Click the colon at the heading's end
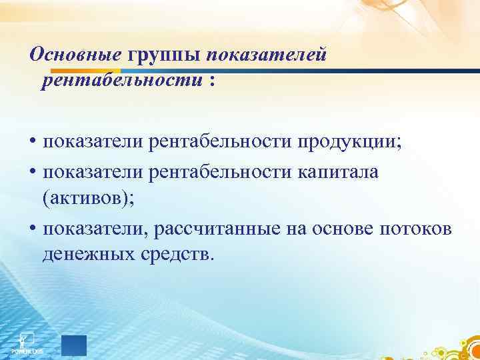coord(212,81)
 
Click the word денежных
coord(87,255)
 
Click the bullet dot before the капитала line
coord(33,173)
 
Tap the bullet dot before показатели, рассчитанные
coord(33,230)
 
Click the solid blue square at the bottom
coord(74,345)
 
